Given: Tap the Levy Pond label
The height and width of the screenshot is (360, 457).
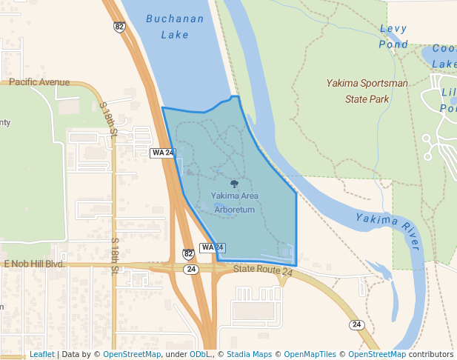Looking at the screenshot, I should click(x=393, y=36).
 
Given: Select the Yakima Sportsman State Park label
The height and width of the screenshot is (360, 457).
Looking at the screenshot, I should click(x=367, y=90).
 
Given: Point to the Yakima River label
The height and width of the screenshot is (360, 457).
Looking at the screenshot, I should click(x=387, y=230).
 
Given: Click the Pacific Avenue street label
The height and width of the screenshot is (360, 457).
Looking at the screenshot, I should click(x=40, y=82).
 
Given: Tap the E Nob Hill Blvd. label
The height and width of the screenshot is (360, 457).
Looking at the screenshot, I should click(x=35, y=264).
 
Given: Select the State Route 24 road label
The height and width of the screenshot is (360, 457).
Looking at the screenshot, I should click(x=263, y=272).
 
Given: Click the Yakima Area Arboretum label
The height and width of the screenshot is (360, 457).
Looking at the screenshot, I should click(x=234, y=203).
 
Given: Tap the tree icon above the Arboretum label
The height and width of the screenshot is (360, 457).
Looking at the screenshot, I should click(x=235, y=184).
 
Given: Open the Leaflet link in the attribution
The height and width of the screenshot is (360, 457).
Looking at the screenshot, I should click(x=42, y=354).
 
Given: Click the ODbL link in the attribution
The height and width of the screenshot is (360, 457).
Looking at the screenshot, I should click(x=200, y=354).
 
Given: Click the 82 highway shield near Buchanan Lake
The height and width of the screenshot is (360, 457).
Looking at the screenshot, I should click(x=119, y=27).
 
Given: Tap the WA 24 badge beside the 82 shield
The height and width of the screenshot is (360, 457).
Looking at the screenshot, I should click(x=212, y=247).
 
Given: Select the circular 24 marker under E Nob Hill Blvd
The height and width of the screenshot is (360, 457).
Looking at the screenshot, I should click(x=192, y=270).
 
